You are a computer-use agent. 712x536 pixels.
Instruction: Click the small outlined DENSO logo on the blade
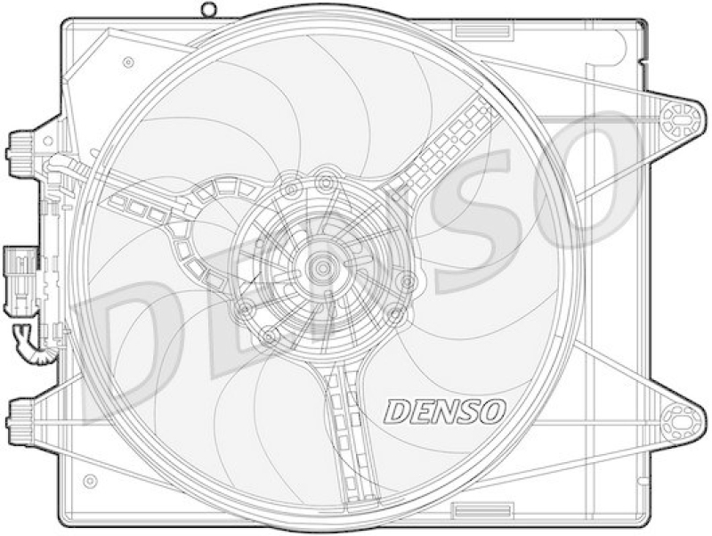pos(444,411)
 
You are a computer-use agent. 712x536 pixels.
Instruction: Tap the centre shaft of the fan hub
pos(323,268)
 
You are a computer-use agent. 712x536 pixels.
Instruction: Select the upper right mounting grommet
pos(680,119)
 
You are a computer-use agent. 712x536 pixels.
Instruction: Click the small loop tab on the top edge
pos(208,10)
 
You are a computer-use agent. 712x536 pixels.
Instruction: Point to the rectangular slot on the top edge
pos(482,31)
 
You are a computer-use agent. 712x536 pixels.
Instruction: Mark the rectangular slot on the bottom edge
pos(483,508)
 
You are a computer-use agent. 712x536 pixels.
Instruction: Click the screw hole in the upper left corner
pos(128,62)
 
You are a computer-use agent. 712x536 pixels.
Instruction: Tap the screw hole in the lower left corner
pos(91,480)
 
